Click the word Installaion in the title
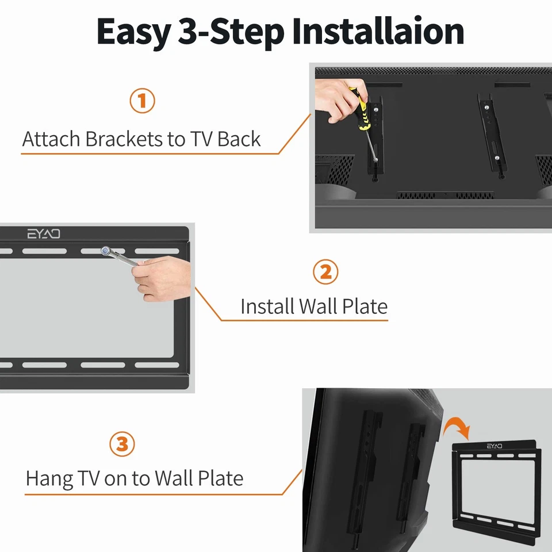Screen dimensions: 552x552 pyautogui.click(x=378, y=32)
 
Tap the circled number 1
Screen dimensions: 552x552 pyautogui.click(x=142, y=101)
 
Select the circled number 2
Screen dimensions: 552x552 pyautogui.click(x=325, y=272)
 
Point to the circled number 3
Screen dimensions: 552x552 pyautogui.click(x=122, y=444)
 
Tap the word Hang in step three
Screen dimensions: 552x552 pyautogui.click(x=49, y=479)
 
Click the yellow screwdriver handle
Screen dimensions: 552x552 pyautogui.click(x=361, y=109)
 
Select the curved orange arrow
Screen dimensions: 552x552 pyautogui.click(x=456, y=427)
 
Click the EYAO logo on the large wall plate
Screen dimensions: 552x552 pyautogui.click(x=44, y=234)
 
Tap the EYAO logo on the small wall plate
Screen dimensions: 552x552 pyautogui.click(x=494, y=446)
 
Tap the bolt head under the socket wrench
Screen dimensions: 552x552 pyautogui.click(x=105, y=251)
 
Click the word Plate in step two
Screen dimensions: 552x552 pyautogui.click(x=365, y=306)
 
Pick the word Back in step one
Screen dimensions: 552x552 pyautogui.click(x=239, y=139)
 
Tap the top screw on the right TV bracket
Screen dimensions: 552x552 pyautogui.click(x=486, y=108)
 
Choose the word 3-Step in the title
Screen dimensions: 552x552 pyautogui.click(x=231, y=32)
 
